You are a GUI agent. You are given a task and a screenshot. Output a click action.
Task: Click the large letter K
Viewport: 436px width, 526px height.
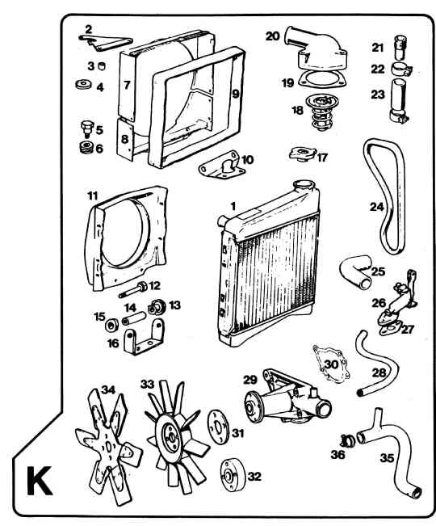(40, 481)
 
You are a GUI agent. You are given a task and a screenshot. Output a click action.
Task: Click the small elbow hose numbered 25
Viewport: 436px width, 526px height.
(356, 272)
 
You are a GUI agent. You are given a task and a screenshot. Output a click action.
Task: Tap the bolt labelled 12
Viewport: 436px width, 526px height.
(133, 291)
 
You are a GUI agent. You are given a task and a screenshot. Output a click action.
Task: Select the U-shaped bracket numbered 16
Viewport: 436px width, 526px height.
(145, 337)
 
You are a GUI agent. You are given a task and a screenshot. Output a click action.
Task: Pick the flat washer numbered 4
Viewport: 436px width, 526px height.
(83, 84)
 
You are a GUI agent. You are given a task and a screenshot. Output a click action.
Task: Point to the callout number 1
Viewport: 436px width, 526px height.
(233, 206)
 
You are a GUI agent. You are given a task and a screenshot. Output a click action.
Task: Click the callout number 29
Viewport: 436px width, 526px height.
(249, 380)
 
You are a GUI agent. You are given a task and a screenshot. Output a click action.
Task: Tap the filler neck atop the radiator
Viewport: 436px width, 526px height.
(304, 186)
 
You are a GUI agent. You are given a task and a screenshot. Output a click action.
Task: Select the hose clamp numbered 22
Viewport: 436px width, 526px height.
(401, 69)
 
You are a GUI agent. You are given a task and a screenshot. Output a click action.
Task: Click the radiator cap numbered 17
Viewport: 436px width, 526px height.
(303, 154)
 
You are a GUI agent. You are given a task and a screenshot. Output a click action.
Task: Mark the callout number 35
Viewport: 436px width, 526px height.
(387, 457)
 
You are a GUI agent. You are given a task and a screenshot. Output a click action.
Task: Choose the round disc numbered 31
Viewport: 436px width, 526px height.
(218, 427)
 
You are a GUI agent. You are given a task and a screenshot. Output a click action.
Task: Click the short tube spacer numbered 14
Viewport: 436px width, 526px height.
(135, 318)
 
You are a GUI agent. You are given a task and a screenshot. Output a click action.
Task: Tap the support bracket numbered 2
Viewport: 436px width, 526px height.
(104, 42)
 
